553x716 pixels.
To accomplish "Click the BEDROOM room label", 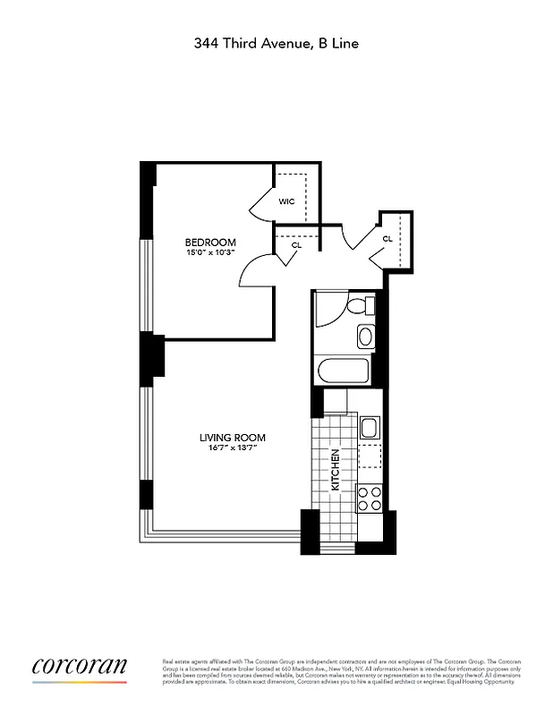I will tap(210, 243).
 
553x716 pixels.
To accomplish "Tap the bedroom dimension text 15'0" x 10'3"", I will tap(210, 253).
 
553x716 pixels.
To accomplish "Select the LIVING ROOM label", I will tap(233, 438).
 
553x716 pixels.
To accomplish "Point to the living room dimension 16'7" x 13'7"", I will tap(233, 448).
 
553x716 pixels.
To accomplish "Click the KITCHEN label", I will tap(336, 471).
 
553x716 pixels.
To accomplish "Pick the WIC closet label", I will tap(286, 201).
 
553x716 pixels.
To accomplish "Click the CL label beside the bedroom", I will tap(296, 243).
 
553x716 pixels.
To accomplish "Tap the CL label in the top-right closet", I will tap(387, 239).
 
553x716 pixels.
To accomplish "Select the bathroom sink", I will tap(365, 337).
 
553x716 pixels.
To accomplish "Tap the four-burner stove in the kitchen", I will tap(369, 498).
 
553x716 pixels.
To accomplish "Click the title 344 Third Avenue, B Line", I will tap(276, 42).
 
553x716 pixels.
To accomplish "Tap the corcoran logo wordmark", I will tap(80, 666).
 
